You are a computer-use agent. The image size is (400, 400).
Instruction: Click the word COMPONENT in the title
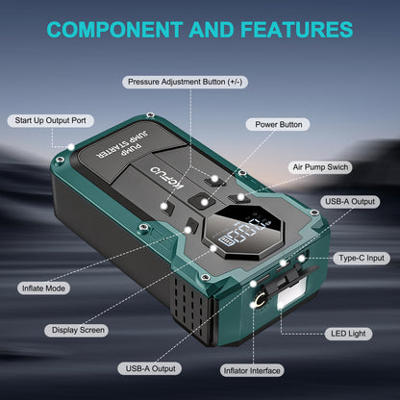pos(115,30)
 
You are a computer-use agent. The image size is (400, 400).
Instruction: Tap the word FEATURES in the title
pos(297,30)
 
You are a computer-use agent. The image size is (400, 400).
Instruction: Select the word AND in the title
pos(212,30)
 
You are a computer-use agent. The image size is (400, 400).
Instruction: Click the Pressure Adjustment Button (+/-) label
pos(185,82)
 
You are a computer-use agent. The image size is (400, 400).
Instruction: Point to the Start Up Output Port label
pos(51,121)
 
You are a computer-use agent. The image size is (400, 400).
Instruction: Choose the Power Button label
pos(278,124)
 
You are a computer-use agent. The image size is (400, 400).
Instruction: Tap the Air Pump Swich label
pos(320,167)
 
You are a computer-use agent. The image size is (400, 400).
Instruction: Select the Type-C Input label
pos(362,259)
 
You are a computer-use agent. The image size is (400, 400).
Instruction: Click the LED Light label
pos(348,334)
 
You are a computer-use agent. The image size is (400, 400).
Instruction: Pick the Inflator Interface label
pos(252,371)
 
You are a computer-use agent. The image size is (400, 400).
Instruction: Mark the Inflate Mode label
pos(43,288)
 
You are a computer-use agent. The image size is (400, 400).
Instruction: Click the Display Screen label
pos(78,330)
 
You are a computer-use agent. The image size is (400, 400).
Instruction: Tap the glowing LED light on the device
pos(291,293)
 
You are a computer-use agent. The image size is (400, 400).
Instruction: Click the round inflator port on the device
pos(260,301)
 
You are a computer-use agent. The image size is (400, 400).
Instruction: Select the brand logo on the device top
pos(166,178)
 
